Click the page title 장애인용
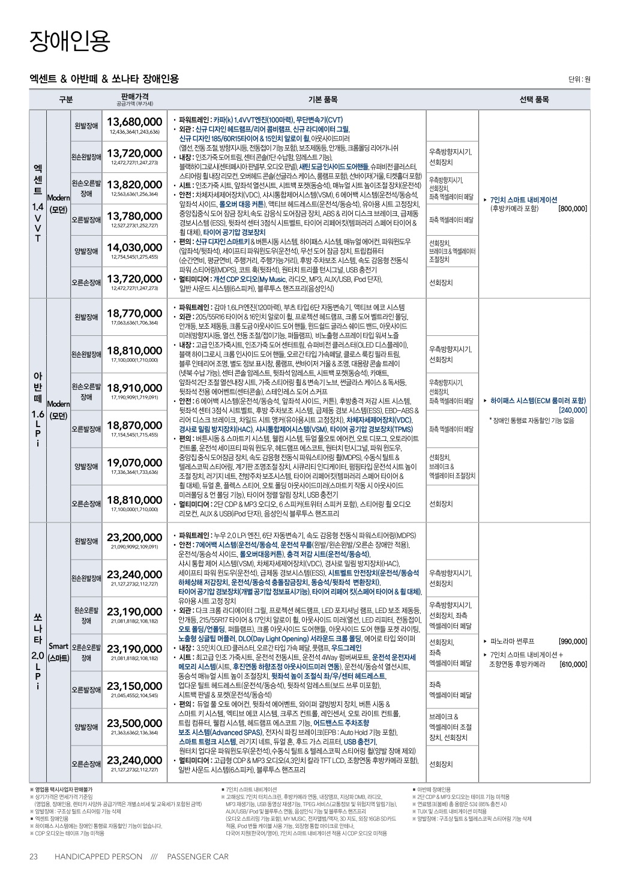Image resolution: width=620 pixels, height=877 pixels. point(70,41)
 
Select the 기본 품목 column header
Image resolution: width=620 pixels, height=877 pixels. point(322,100)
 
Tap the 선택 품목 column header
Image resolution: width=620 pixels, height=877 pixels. point(534,100)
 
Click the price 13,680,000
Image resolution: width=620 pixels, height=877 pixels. point(134,122)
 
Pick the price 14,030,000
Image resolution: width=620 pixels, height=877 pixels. point(134,247)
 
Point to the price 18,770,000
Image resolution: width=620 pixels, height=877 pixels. point(134,313)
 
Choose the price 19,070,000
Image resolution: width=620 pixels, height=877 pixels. point(134,462)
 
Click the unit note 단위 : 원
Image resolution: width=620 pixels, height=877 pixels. point(579,79)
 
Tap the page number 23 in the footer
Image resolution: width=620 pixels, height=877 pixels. point(34,857)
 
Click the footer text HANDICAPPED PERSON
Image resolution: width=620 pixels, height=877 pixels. point(98,857)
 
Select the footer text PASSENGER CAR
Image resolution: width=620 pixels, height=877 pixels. point(197,857)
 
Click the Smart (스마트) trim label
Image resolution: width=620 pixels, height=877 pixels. point(58,652)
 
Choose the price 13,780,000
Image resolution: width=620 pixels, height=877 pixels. point(134,216)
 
